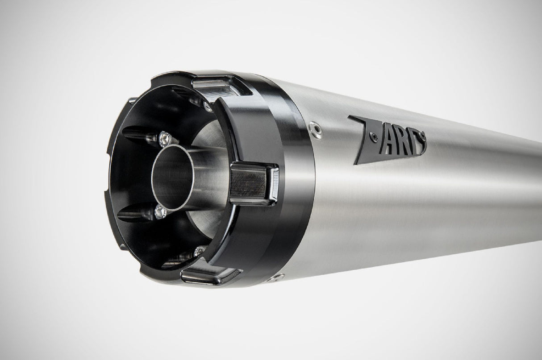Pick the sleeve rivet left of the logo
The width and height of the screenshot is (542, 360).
pyautogui.click(x=316, y=128)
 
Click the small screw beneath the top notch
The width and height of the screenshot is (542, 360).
pyautogui.click(x=208, y=106)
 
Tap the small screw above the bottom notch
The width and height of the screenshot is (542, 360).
pyautogui.click(x=200, y=252)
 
